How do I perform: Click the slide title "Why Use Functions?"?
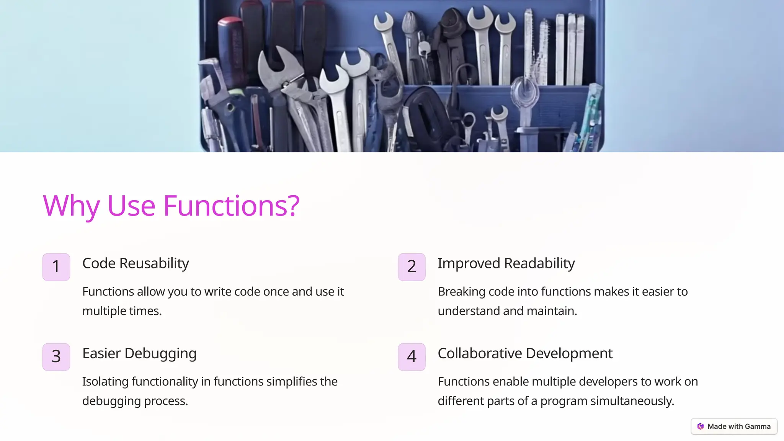[171, 206]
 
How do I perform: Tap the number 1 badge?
[56, 267]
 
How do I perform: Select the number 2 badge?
[412, 267]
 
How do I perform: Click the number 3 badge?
[56, 357]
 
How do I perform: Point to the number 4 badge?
[412, 357]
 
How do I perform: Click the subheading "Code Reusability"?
[136, 263]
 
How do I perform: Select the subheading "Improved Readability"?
[506, 263]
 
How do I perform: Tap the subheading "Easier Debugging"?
[139, 353]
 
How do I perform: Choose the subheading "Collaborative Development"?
[525, 353]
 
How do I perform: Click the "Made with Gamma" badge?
[734, 426]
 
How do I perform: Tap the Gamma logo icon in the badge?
[701, 426]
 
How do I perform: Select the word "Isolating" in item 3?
[105, 382]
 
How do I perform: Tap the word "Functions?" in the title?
[231, 206]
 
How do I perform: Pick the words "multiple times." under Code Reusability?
[122, 311]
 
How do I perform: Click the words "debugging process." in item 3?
[135, 401]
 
